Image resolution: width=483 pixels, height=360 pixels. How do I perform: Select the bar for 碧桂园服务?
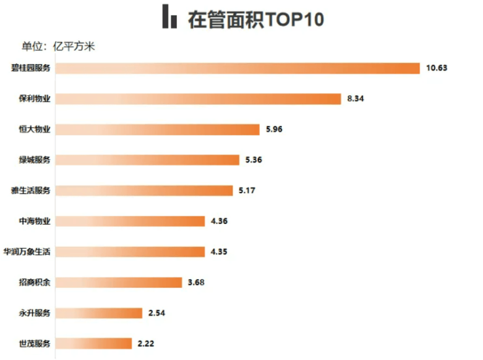click(236, 68)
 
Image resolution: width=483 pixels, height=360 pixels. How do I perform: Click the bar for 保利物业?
click(197, 99)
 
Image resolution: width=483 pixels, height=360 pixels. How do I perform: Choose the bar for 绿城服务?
click(148, 160)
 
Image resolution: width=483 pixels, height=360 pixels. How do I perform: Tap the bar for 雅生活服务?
click(144, 190)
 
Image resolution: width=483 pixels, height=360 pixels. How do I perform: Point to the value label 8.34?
click(356, 99)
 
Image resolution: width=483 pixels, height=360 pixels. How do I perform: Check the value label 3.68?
click(196, 282)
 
